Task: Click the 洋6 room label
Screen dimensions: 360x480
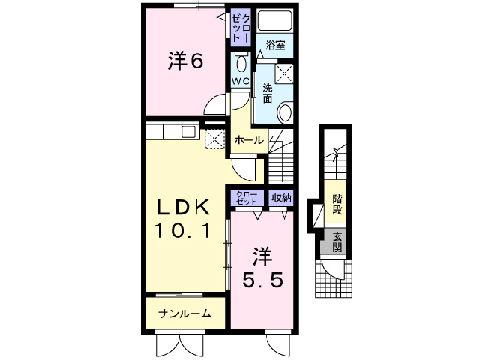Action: click(x=185, y=62)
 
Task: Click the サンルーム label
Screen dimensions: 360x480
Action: click(x=184, y=313)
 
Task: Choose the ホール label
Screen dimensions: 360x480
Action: click(x=248, y=140)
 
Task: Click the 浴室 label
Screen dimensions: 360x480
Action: click(x=275, y=45)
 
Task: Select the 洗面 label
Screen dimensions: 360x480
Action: click(x=267, y=92)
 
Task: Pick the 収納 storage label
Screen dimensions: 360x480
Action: click(x=281, y=198)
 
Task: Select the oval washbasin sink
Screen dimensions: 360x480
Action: click(x=285, y=113)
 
